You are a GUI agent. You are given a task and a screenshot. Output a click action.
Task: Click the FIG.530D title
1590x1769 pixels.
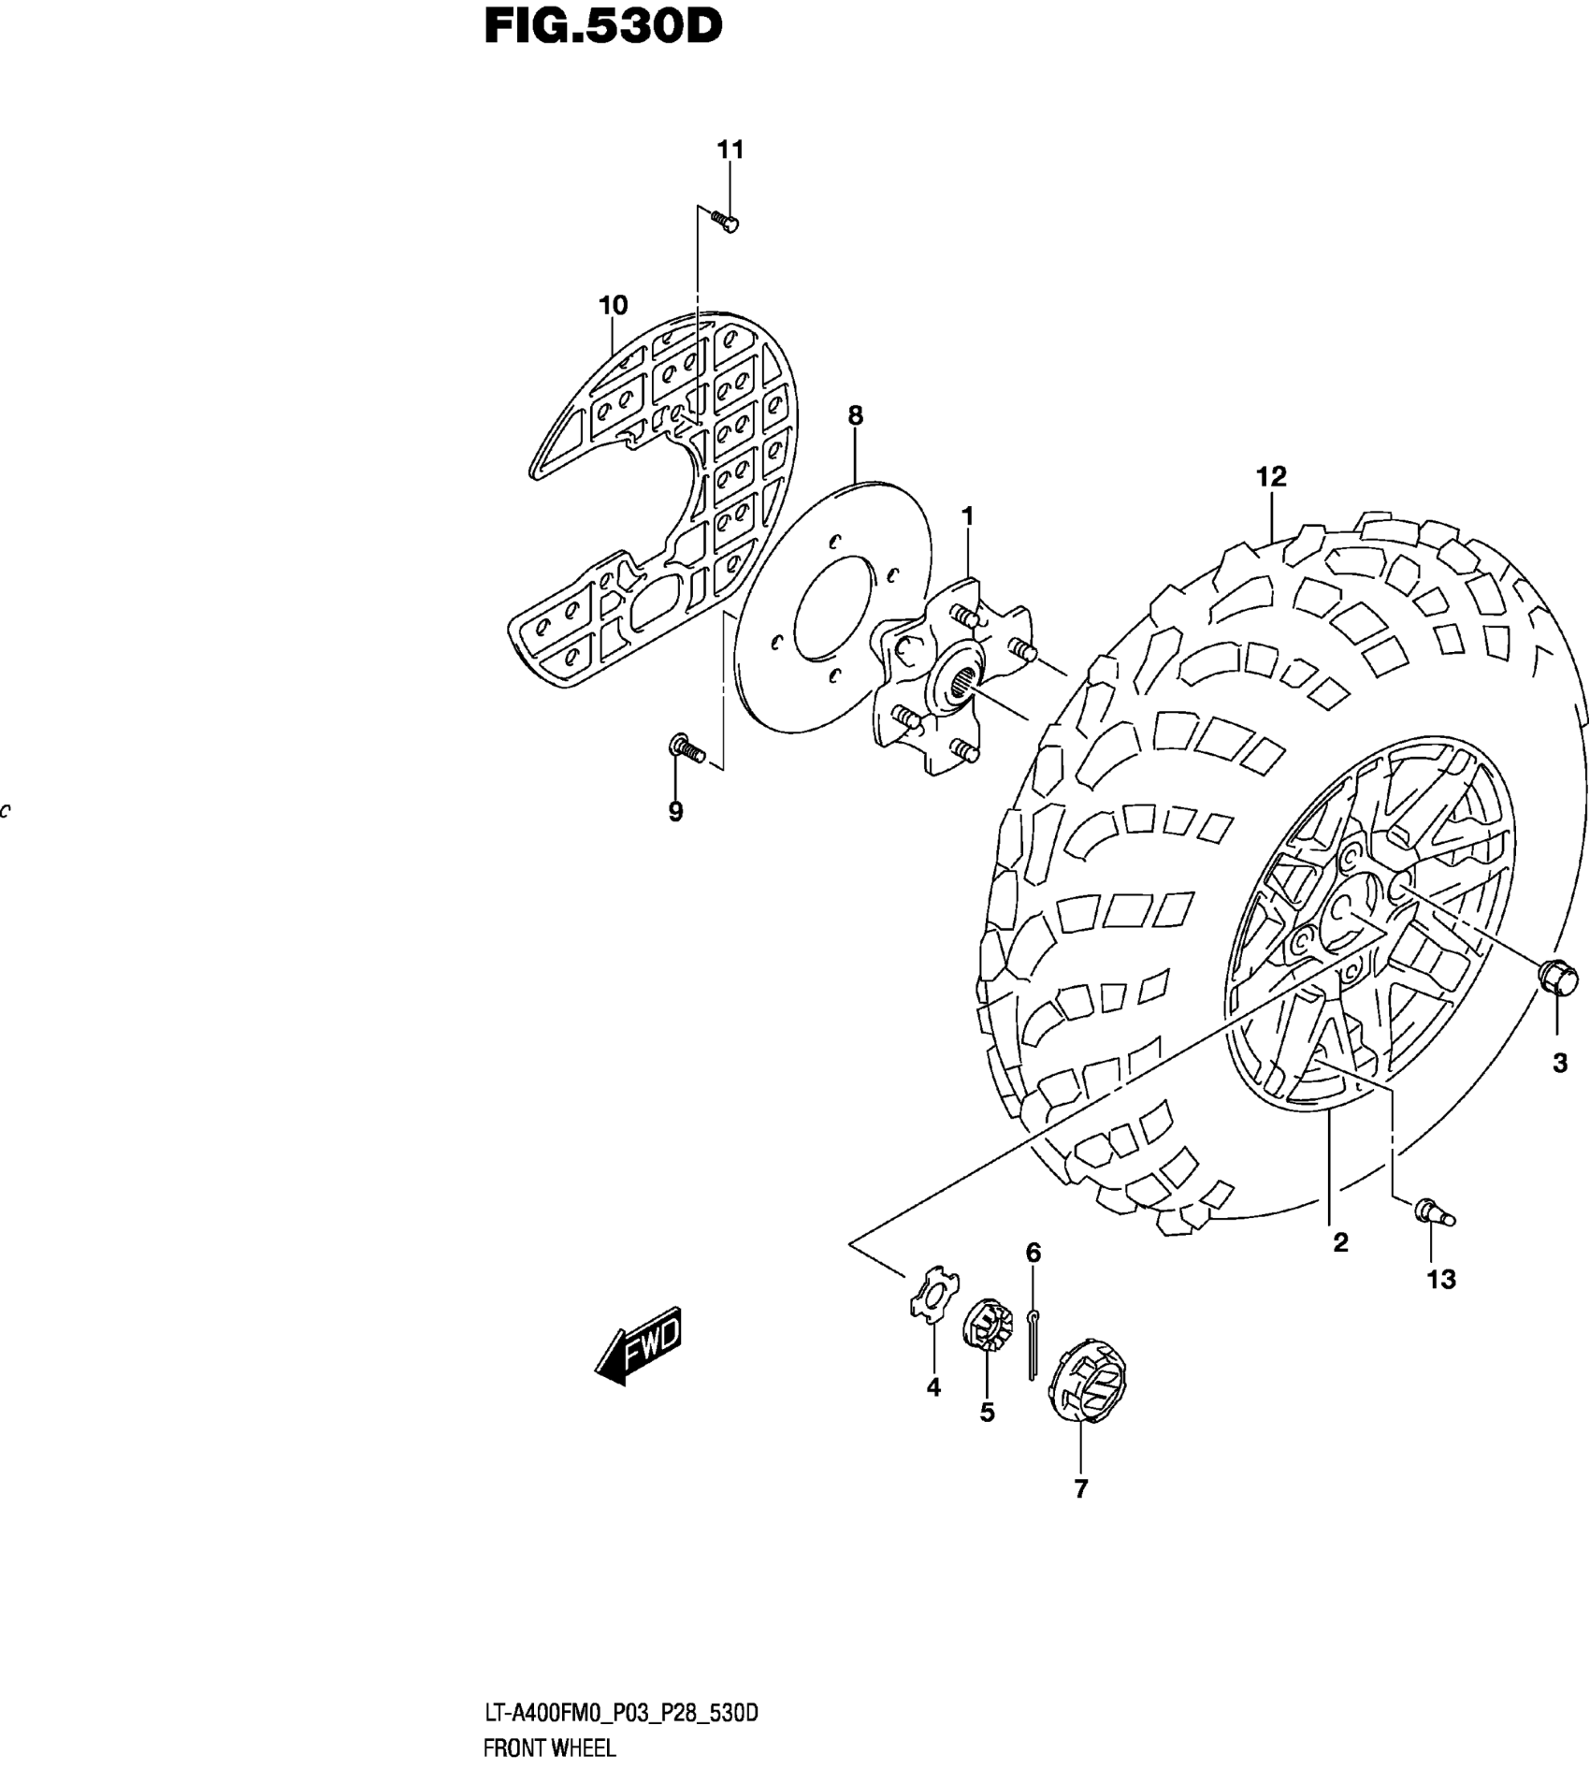click(603, 28)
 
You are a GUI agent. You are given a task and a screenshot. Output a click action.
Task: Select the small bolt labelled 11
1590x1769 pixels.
click(725, 222)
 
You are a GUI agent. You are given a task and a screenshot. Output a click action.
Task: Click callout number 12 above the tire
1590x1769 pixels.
click(1271, 477)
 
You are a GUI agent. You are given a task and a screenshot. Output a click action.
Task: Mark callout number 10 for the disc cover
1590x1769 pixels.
click(613, 305)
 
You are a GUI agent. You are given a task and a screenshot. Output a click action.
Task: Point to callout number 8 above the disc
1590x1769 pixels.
click(855, 415)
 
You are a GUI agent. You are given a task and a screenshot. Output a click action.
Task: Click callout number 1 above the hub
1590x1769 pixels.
click(968, 516)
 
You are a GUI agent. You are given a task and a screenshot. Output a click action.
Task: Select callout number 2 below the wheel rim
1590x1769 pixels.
click(1340, 1243)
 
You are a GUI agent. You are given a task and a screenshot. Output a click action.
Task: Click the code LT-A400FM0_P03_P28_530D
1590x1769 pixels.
click(620, 1713)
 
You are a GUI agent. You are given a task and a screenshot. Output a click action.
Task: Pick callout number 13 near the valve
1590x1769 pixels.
click(1441, 1279)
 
